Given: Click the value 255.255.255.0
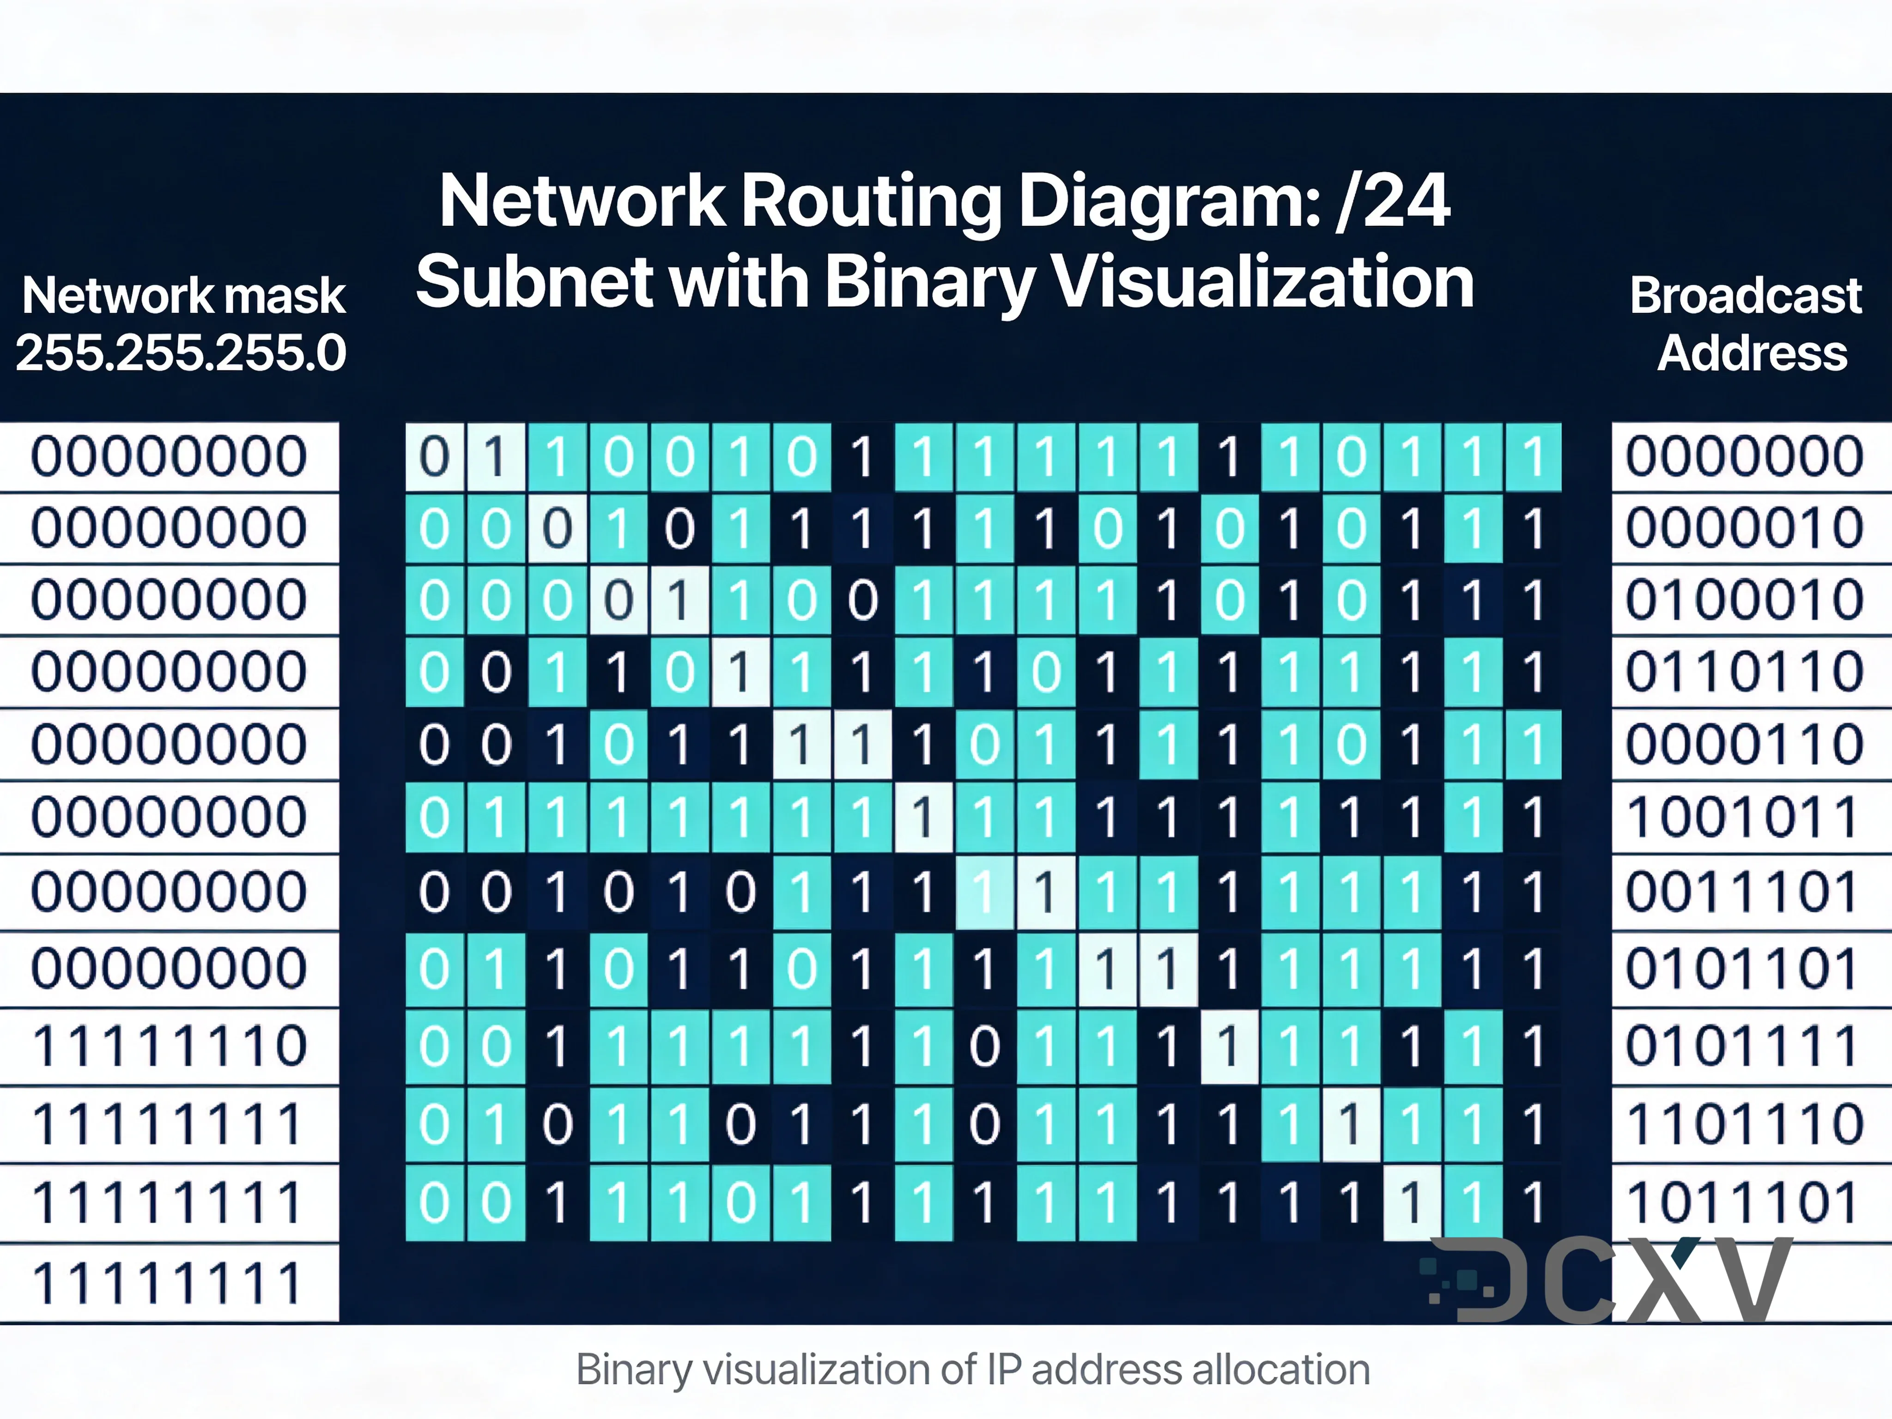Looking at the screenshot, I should [181, 353].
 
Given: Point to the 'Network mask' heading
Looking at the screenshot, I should [183, 296].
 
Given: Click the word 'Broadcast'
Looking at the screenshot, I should [1745, 296].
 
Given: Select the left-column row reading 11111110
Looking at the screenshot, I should [170, 1046].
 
